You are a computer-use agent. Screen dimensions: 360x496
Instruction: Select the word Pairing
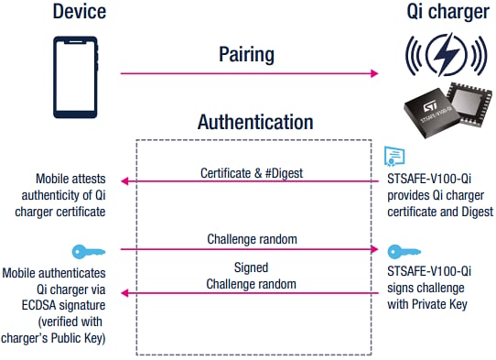246,54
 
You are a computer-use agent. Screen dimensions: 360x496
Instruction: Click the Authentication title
255,122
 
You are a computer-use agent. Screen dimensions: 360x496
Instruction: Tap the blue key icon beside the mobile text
81,250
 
